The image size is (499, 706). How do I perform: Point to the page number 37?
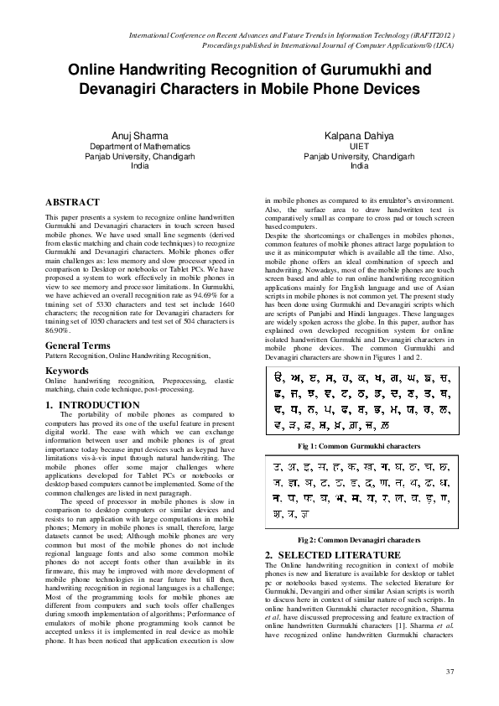tap(450, 672)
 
